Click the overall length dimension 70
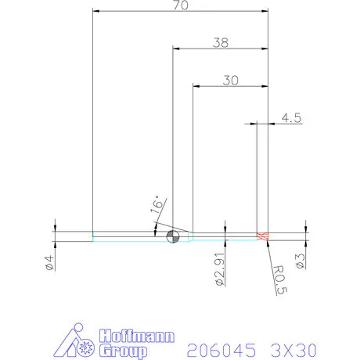pyautogui.click(x=181, y=5)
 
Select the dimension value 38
pyautogui.click(x=221, y=43)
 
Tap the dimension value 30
pyautogui.click(x=230, y=80)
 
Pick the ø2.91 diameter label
pyautogui.click(x=220, y=268)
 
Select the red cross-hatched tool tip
pyautogui.click(x=263, y=236)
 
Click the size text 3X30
pyautogui.click(x=298, y=347)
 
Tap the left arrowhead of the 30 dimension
pyautogui.click(x=196, y=85)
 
